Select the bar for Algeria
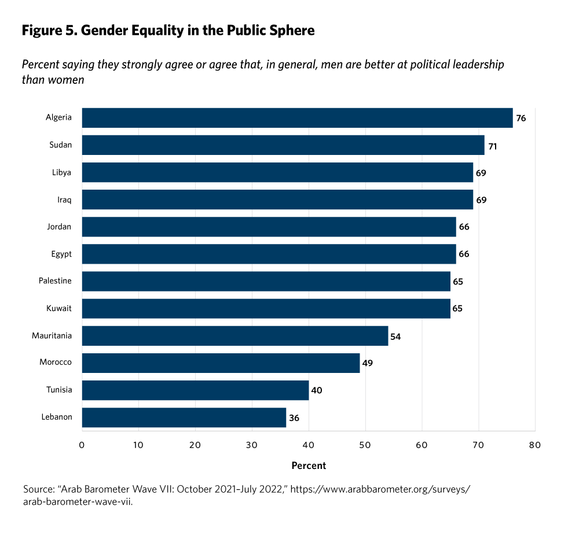(297, 118)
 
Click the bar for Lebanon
(184, 417)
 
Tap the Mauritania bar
(235, 336)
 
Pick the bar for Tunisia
(195, 390)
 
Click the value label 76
(521, 118)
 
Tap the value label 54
(396, 336)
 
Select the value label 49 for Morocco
(368, 363)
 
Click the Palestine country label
(55, 281)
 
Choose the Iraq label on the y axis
(64, 199)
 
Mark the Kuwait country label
(59, 308)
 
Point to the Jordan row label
(60, 227)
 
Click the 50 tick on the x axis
(365, 445)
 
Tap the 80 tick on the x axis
(535, 445)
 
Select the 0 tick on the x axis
(82, 445)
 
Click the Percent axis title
(309, 465)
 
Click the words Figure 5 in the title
(49, 31)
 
